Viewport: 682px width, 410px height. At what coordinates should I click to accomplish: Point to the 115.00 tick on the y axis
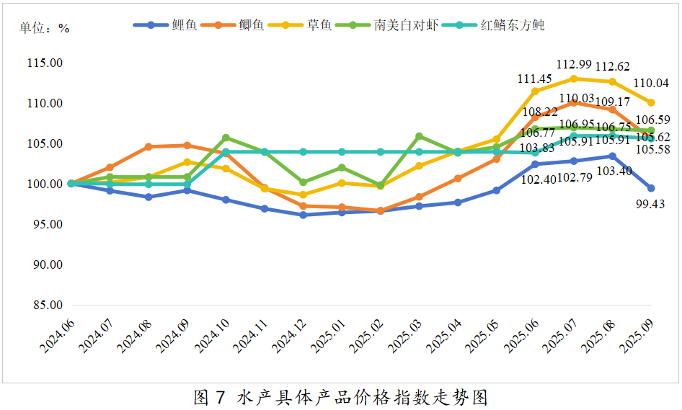click(45, 63)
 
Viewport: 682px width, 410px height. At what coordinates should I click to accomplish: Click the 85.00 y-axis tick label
click(45, 306)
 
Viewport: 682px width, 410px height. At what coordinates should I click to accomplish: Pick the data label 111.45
click(535, 78)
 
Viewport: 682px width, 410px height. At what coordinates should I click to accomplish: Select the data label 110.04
click(651, 84)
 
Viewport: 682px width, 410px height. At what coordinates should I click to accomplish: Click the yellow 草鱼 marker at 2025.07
click(574, 79)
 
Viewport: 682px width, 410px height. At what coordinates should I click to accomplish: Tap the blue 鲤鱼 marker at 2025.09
click(651, 188)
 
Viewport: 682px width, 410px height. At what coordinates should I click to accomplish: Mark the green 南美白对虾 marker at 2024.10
click(226, 138)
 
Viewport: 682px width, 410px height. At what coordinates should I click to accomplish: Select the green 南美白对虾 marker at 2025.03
click(419, 136)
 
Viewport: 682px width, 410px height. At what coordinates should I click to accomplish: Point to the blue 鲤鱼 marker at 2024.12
click(303, 215)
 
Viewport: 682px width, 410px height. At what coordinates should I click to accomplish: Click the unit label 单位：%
click(44, 28)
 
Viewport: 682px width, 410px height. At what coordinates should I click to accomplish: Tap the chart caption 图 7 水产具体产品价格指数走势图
click(341, 397)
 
